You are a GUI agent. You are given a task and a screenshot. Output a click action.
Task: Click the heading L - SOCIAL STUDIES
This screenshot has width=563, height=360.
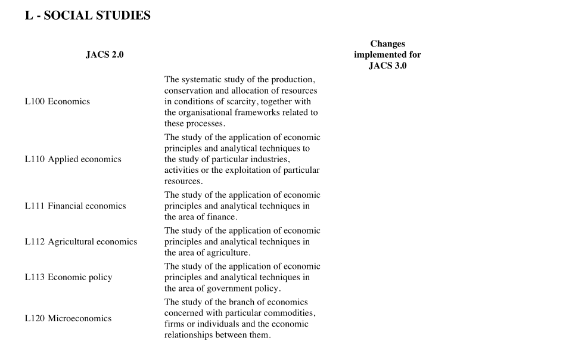pyautogui.click(x=88, y=16)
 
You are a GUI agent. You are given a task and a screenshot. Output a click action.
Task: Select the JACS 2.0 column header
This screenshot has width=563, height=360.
pyautogui.click(x=105, y=55)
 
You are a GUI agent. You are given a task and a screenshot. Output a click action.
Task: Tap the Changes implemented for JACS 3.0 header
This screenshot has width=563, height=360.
pyautogui.click(x=387, y=55)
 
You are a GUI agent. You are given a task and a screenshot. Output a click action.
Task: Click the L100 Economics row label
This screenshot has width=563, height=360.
pyautogui.click(x=57, y=101)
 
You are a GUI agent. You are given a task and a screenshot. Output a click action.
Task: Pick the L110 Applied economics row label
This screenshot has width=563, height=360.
pyautogui.click(x=73, y=159)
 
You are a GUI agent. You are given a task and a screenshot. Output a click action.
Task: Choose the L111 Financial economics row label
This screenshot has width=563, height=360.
pyautogui.click(x=75, y=206)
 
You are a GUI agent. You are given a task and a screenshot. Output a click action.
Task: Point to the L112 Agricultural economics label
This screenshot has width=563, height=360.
pyautogui.click(x=80, y=242)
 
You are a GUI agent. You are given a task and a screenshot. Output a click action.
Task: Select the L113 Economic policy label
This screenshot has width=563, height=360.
pyautogui.click(x=68, y=277)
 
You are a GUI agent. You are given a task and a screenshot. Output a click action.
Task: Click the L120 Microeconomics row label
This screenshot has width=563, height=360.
pyautogui.click(x=68, y=318)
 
